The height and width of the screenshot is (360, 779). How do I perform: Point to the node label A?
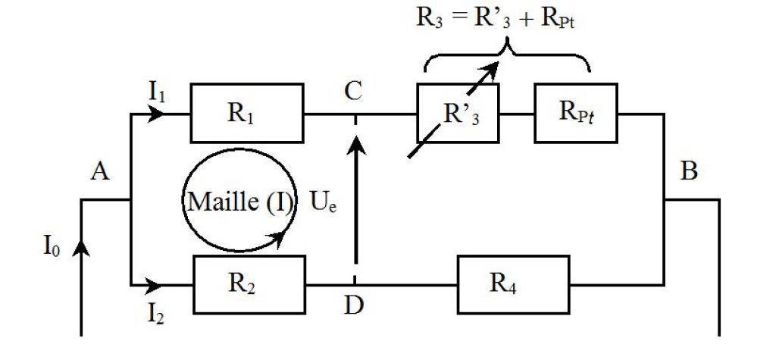pos(100,172)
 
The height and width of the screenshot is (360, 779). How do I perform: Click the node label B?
pos(689,171)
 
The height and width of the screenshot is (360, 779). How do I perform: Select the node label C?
pos(352,92)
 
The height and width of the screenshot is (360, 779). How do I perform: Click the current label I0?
pos(52,247)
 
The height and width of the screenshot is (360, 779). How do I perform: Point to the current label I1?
pos(157,92)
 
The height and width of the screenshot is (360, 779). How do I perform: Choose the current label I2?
pos(155,313)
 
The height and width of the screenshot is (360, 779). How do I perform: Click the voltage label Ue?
pos(323,201)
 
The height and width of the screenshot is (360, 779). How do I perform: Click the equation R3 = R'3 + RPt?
pos(495,19)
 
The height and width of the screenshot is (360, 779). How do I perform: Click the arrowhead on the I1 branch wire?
pos(157,114)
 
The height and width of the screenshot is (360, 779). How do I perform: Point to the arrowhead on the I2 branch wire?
pos(153,285)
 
